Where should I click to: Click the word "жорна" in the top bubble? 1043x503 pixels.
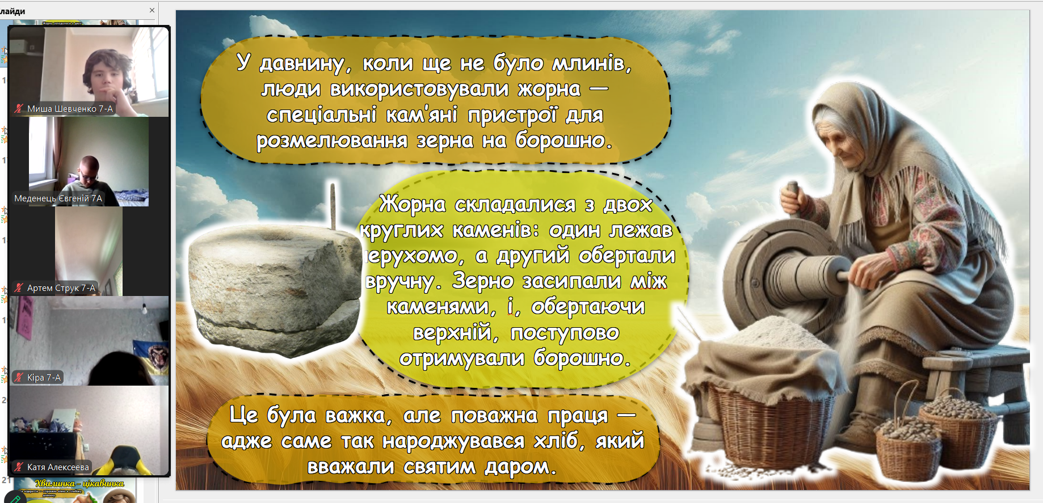(x=549, y=89)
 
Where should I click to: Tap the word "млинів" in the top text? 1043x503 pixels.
(x=592, y=63)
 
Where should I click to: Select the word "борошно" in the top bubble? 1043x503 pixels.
(x=563, y=140)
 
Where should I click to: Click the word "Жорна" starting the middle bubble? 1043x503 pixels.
(x=413, y=204)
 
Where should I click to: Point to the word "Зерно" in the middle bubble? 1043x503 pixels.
(x=483, y=281)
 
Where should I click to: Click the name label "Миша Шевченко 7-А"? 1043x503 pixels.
(x=70, y=108)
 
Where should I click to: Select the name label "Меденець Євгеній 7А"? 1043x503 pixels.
(x=58, y=198)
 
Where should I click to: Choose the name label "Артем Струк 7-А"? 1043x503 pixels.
(x=61, y=288)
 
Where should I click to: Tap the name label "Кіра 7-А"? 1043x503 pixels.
(x=44, y=378)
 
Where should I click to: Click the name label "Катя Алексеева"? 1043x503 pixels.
(x=58, y=467)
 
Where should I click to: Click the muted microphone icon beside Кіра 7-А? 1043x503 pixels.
(x=19, y=377)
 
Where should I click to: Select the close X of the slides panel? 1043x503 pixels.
(x=152, y=10)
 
